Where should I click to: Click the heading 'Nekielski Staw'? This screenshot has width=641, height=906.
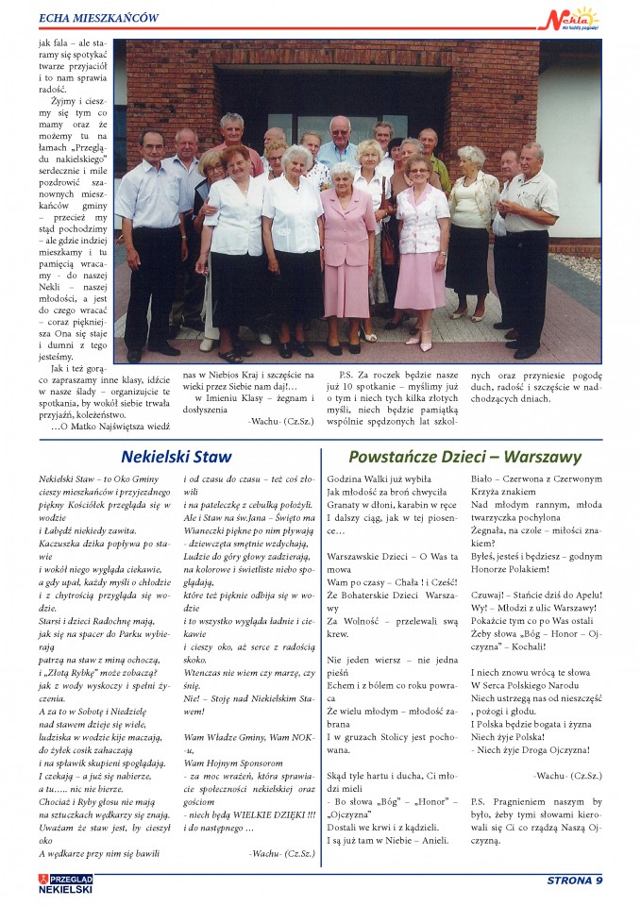click(177, 457)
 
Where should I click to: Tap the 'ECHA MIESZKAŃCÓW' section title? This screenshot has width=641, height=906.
click(98, 17)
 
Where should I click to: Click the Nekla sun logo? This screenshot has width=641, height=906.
click(575, 18)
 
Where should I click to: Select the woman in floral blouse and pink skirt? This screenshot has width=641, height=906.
click(422, 245)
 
